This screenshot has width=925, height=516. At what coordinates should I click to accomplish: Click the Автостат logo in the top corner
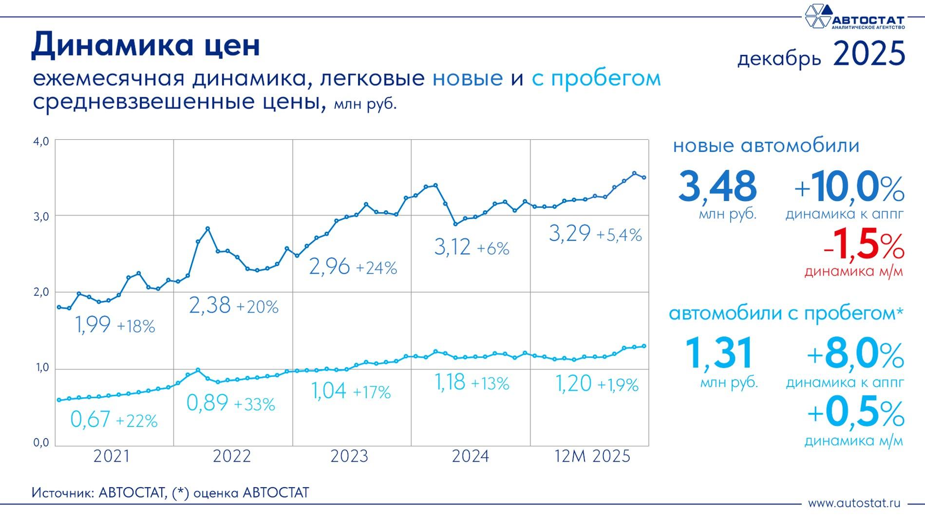point(854,18)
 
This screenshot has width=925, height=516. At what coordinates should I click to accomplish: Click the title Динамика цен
point(146,45)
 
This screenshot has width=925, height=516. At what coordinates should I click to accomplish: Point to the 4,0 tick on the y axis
point(41,141)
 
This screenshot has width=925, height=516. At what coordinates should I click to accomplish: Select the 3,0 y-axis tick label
point(41,217)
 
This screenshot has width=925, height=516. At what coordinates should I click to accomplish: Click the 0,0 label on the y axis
point(41,442)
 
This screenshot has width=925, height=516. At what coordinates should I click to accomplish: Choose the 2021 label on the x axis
point(112,457)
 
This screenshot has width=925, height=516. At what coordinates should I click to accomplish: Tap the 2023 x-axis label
point(349,457)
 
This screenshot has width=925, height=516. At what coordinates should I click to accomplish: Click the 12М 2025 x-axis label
point(592,457)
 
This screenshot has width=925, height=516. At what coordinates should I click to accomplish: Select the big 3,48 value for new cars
point(717,186)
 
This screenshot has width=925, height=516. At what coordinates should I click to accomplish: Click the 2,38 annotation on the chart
point(209,306)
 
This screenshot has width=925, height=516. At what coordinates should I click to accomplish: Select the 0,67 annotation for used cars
point(91,420)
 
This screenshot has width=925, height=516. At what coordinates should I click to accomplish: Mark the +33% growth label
point(254,405)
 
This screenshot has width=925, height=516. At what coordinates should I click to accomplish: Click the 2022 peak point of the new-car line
point(208,228)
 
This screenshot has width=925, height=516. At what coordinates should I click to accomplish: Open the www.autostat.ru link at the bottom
point(854,503)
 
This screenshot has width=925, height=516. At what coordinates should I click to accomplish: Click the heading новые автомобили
point(766,146)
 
